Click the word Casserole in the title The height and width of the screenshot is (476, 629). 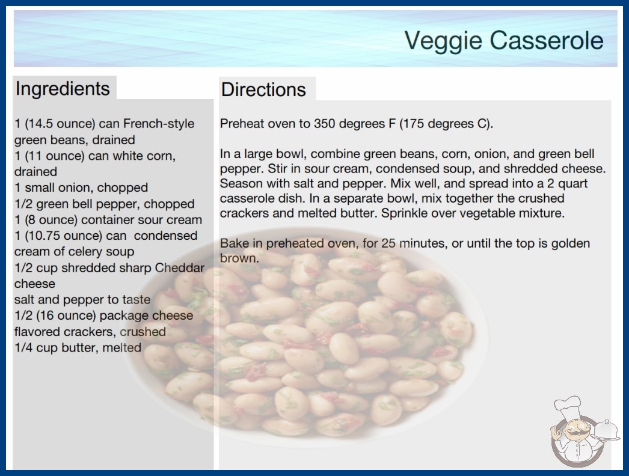click(x=547, y=40)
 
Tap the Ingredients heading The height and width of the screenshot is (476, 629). click(x=63, y=88)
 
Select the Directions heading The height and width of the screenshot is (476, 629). click(x=263, y=90)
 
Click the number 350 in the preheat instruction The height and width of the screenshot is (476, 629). click(x=324, y=124)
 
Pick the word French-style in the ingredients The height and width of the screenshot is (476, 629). click(x=159, y=124)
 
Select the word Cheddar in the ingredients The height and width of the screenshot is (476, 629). click(x=180, y=267)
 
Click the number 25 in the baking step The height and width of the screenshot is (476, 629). click(x=388, y=243)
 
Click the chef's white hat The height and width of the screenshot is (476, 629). click(x=568, y=406)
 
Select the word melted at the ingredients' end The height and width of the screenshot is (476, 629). click(x=121, y=347)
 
